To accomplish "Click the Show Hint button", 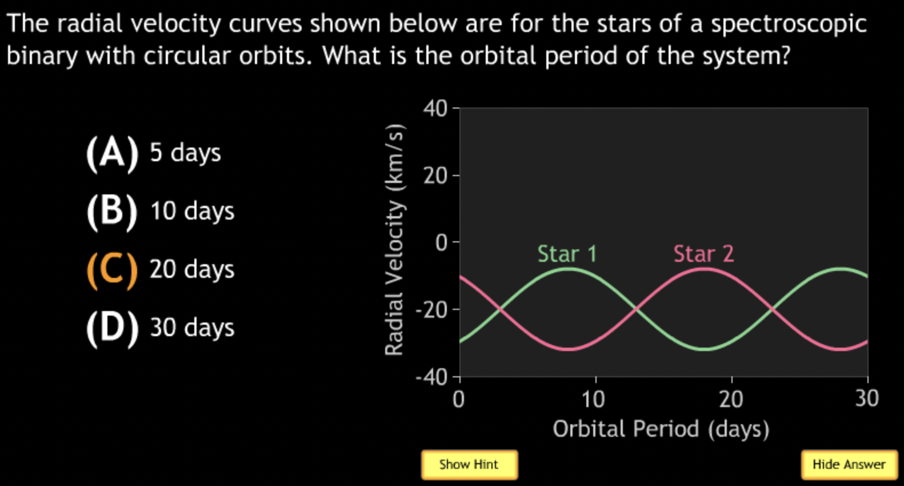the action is (469, 465).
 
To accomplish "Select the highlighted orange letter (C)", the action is (112, 270).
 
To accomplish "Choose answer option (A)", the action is (112, 153).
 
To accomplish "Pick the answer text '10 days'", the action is (191, 212).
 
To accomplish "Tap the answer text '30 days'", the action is (191, 328).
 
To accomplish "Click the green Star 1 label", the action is (567, 254).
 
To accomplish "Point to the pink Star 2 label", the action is (703, 254).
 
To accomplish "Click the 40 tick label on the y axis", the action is (435, 109).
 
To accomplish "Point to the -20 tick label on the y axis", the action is (431, 310).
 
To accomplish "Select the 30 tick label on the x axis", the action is (866, 399).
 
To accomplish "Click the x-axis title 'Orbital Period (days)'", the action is (661, 429).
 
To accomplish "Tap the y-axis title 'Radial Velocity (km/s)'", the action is (394, 240).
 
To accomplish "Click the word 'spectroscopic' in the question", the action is (789, 24).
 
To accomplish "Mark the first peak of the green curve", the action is (567, 268).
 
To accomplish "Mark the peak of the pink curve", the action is (704, 268).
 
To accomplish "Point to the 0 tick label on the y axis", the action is (442, 243).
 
